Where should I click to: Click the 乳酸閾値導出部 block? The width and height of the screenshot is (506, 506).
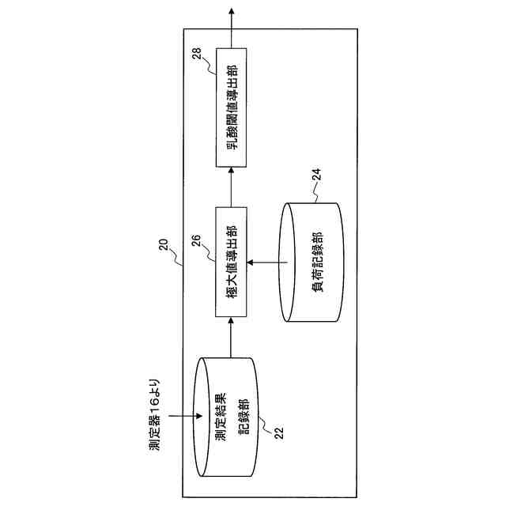tap(231, 106)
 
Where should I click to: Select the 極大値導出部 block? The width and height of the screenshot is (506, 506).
tap(231, 262)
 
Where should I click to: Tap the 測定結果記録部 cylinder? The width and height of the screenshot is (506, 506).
tap(229, 416)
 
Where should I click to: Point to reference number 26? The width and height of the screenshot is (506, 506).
tap(197, 236)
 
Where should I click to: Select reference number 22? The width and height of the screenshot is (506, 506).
tap(277, 432)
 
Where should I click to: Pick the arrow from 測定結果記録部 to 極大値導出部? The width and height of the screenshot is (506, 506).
tap(231, 338)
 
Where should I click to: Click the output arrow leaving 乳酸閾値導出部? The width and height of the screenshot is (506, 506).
tap(231, 27)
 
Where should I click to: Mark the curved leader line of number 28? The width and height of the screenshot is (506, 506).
tap(210, 64)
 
